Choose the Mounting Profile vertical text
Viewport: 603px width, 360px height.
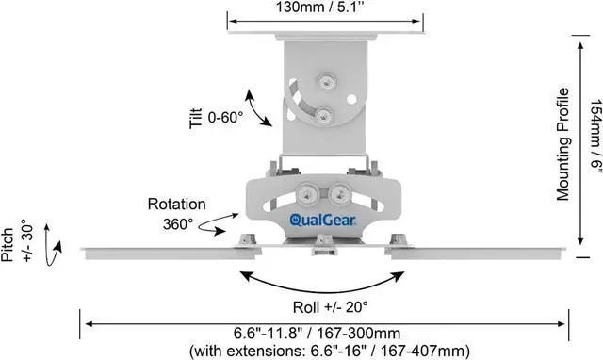[562, 143]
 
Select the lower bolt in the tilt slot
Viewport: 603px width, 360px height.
[323, 115]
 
